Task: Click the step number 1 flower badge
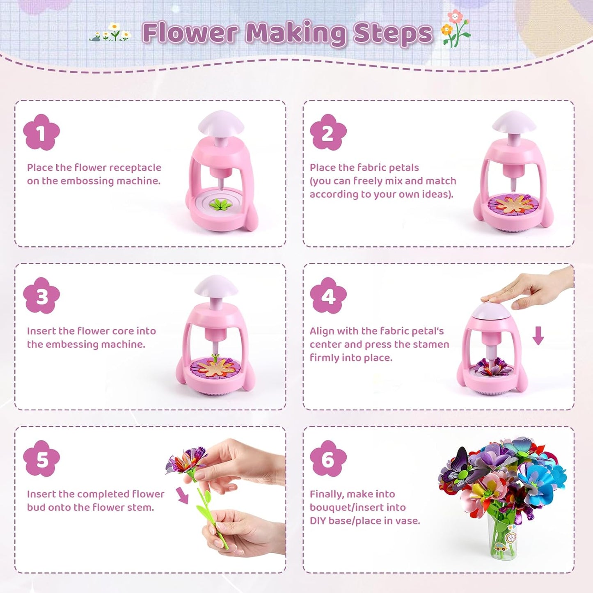pyautogui.click(x=41, y=132)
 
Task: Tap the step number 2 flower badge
pyautogui.click(x=328, y=132)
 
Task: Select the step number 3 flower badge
pyautogui.click(x=41, y=295)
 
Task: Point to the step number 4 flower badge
pyautogui.click(x=328, y=295)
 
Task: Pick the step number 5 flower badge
pyautogui.click(x=41, y=459)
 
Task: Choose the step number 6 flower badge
pyautogui.click(x=328, y=459)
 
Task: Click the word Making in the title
pyautogui.click(x=295, y=34)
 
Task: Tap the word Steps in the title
pyautogui.click(x=393, y=33)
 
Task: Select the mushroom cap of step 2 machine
pyautogui.click(x=514, y=122)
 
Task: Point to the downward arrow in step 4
pyautogui.click(x=538, y=335)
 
